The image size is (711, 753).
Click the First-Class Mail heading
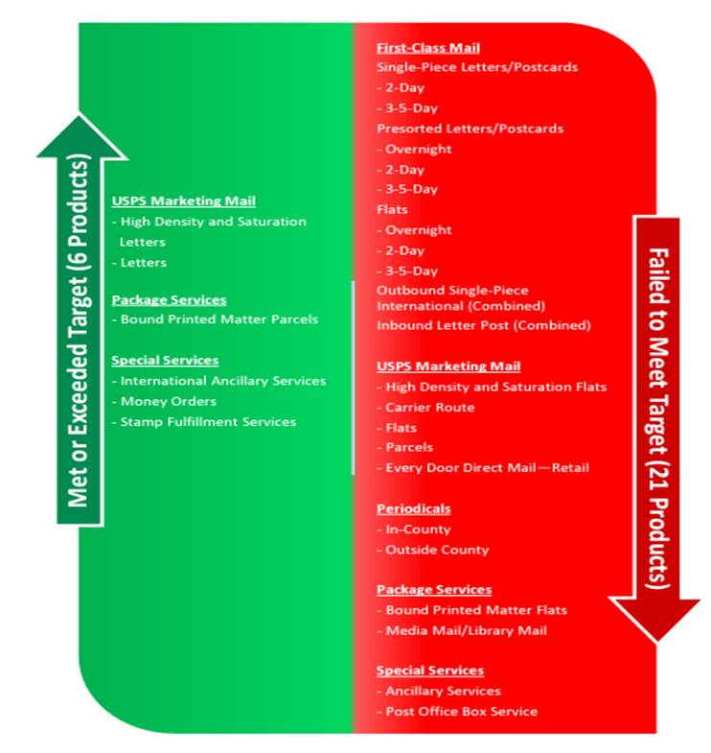coord(428,48)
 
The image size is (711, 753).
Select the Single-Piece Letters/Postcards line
coord(477,67)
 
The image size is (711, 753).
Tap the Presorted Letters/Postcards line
coord(470,129)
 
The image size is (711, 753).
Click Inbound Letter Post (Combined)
coord(484,325)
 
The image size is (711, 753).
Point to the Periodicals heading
coord(414,508)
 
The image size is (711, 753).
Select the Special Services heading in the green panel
coord(165,360)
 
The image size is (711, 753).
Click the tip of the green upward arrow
coord(80,115)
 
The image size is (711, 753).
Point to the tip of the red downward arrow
coord(656,641)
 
